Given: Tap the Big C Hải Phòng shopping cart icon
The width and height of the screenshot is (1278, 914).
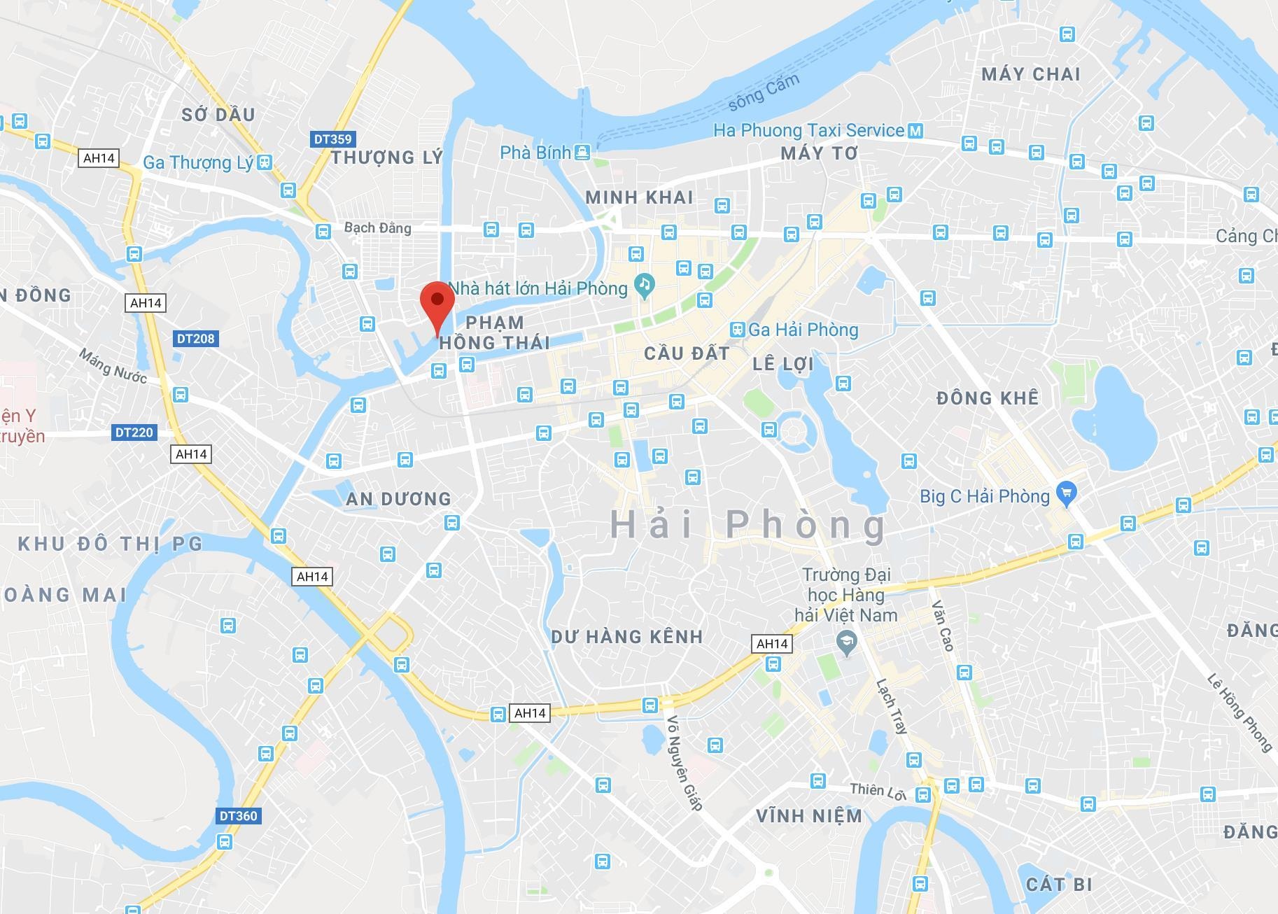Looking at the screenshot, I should pyautogui.click(x=1066, y=493).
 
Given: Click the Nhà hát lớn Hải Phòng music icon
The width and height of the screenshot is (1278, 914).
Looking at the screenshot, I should pyautogui.click(x=644, y=284).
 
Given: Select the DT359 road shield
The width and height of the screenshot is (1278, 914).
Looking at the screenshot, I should pyautogui.click(x=332, y=139).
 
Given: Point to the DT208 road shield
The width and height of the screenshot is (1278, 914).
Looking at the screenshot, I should pyautogui.click(x=195, y=339).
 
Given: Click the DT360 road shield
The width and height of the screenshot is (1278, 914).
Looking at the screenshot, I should pyautogui.click(x=238, y=815).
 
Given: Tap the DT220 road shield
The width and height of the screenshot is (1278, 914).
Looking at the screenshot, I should pyautogui.click(x=134, y=433).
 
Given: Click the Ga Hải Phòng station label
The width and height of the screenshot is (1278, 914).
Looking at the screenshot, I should pyautogui.click(x=803, y=330).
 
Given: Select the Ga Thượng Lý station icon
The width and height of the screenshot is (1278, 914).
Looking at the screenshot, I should pyautogui.click(x=264, y=162).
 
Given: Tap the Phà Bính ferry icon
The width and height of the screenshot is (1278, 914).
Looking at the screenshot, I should pyautogui.click(x=582, y=152).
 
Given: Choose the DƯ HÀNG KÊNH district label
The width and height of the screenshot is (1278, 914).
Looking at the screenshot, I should pyautogui.click(x=626, y=637).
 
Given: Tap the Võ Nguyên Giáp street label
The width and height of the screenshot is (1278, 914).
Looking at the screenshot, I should pyautogui.click(x=684, y=763).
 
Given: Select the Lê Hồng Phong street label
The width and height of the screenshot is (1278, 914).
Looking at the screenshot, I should pyautogui.click(x=1240, y=712).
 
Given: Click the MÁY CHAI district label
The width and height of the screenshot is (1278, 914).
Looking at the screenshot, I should pyautogui.click(x=1030, y=74).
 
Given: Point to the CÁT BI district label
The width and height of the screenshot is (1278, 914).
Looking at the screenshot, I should pyautogui.click(x=1059, y=885).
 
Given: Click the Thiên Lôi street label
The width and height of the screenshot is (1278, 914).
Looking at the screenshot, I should pyautogui.click(x=878, y=791).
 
